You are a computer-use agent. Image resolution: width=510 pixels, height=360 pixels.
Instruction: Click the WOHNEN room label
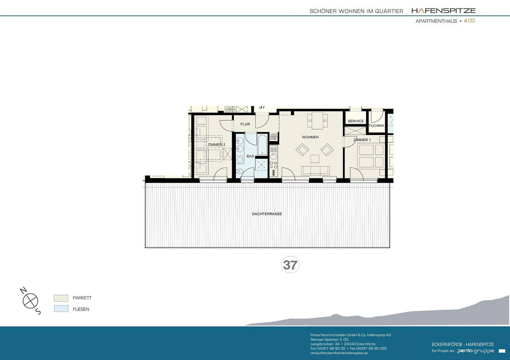[310, 137]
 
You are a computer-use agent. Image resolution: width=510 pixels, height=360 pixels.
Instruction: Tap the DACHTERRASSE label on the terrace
[267, 214]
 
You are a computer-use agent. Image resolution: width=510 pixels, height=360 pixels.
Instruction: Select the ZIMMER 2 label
[216, 145]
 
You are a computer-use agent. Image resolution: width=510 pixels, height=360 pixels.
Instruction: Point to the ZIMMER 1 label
[362, 140]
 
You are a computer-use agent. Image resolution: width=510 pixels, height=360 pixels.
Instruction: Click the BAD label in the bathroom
[250, 157]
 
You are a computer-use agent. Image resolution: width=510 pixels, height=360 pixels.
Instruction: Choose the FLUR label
[245, 124]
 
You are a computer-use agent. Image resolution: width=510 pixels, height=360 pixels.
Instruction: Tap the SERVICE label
[355, 121]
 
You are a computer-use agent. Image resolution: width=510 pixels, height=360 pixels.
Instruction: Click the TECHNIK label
[377, 126]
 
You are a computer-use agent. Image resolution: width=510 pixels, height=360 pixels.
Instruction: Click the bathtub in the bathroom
[263, 145]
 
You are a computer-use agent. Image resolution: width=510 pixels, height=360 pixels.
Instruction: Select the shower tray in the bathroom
[262, 164]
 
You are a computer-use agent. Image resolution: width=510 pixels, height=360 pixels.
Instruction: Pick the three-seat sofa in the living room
[315, 170]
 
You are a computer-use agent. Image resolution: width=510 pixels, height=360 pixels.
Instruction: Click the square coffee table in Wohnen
[315, 159]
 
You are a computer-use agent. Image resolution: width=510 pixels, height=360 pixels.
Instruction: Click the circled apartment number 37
[290, 265]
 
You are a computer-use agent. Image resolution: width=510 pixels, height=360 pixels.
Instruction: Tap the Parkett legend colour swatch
[61, 298]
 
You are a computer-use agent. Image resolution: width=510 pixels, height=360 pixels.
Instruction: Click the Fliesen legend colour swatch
[61, 309]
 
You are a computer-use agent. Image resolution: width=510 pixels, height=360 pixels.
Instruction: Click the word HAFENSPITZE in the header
[443, 11]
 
